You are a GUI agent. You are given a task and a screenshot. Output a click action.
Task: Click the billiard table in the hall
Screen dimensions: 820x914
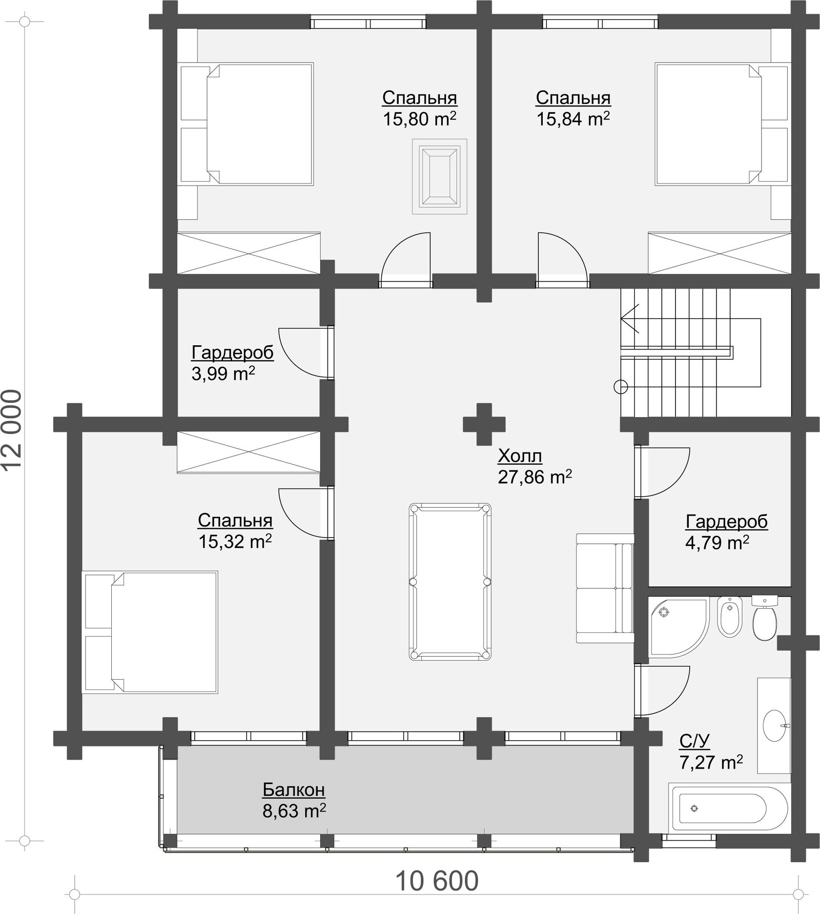click(450, 582)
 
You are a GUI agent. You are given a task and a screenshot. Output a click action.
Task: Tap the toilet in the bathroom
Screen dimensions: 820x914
click(764, 618)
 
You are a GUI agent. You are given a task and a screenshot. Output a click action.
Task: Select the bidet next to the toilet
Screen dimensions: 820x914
click(730, 616)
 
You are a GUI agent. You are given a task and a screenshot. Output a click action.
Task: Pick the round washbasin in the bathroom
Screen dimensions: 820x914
click(775, 726)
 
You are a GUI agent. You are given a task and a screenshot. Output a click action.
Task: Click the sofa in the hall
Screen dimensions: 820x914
click(605, 588)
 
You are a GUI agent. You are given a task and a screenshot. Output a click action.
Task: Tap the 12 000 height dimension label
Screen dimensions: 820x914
click(12, 430)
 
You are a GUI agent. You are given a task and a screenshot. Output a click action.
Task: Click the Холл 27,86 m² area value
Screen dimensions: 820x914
click(534, 477)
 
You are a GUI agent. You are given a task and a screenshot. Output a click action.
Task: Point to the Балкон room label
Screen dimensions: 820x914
click(294, 789)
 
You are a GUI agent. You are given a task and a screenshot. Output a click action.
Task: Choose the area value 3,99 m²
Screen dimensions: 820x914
click(223, 374)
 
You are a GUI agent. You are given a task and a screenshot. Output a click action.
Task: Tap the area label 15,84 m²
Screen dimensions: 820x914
click(573, 119)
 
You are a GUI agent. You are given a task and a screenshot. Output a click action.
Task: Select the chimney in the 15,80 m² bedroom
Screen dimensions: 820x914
click(440, 176)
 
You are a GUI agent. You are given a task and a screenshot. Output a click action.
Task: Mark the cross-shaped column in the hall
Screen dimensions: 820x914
click(484, 424)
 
